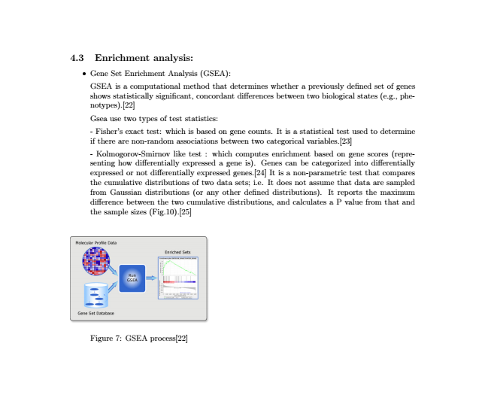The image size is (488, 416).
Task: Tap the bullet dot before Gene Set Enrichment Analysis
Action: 83,74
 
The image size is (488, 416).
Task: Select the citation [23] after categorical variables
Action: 346,141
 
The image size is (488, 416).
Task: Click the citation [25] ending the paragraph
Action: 185,212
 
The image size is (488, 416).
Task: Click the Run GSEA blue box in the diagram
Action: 132,277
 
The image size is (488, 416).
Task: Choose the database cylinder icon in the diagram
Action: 95,295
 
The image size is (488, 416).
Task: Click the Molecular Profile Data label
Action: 96,242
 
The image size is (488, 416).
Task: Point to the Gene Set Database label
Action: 95,313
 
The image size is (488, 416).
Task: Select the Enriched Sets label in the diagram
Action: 177,251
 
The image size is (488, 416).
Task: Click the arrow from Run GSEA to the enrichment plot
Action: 151,278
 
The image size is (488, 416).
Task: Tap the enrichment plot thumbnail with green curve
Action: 177,278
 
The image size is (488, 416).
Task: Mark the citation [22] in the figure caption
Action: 180,339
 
